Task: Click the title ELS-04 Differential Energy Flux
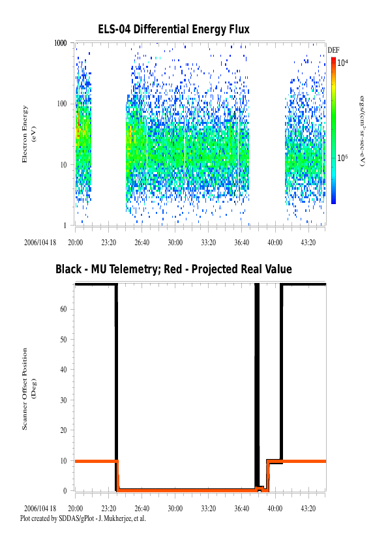(x=173, y=29)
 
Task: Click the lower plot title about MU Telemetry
(x=173, y=269)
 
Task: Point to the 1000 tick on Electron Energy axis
(x=62, y=43)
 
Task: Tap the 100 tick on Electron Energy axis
(x=63, y=104)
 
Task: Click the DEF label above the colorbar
(x=333, y=50)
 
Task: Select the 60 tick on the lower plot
(x=64, y=309)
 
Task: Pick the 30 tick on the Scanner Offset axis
(x=64, y=400)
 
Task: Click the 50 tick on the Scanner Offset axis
(x=64, y=339)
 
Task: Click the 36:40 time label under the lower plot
(x=241, y=508)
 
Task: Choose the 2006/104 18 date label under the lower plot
(x=40, y=508)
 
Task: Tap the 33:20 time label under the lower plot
(x=208, y=508)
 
